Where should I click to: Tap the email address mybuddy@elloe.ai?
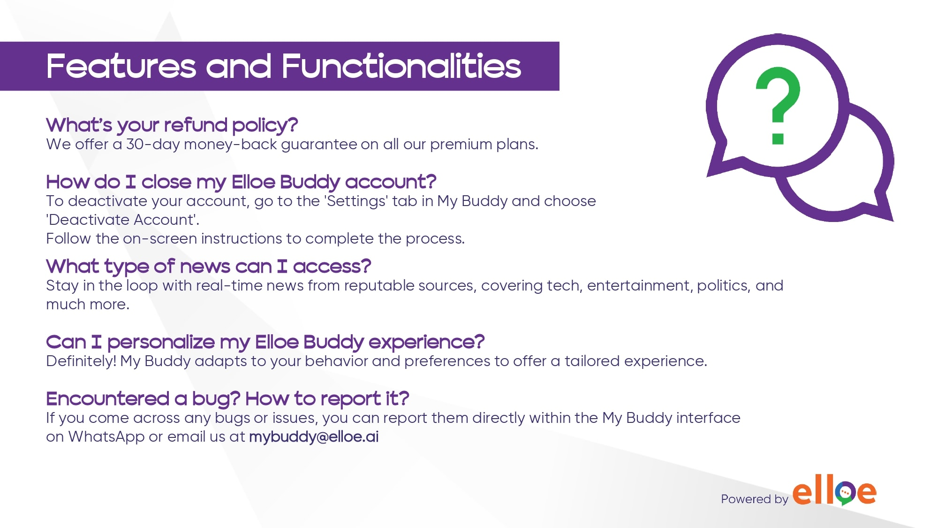(314, 437)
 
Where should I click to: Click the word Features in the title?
(121, 66)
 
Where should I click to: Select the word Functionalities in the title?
(401, 66)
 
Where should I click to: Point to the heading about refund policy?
(172, 125)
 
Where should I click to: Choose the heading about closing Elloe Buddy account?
(241, 182)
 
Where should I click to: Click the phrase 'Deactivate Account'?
(122, 220)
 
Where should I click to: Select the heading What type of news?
(209, 267)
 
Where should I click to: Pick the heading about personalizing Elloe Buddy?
(265, 342)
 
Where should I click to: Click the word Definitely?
(81, 361)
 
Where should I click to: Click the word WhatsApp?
(106, 437)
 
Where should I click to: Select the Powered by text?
(755, 499)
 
